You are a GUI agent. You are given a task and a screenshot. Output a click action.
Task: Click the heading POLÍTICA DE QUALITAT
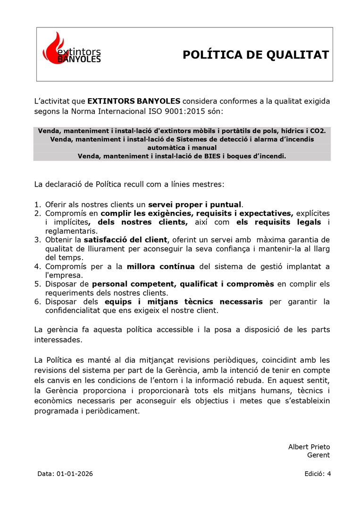click(255, 55)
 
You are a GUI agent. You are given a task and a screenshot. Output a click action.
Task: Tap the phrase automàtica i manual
click(182, 147)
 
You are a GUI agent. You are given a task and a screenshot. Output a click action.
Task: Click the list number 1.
click(37, 204)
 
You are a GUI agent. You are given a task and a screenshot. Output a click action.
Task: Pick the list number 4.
click(37, 266)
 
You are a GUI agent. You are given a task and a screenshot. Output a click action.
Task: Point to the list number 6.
click(37, 302)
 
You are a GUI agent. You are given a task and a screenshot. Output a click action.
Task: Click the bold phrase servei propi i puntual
click(195, 204)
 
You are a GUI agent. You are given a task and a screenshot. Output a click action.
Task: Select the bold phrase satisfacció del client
click(126, 240)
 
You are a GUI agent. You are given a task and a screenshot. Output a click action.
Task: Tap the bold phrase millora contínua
click(160, 266)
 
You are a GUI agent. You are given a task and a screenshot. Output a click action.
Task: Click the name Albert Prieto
click(309, 447)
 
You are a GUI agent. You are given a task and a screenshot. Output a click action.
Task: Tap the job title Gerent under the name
click(318, 455)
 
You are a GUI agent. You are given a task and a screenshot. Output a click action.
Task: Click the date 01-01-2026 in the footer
click(75, 474)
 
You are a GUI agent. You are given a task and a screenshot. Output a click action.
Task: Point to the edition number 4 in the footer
click(329, 474)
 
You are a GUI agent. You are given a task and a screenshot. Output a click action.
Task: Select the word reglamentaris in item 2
click(71, 231)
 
